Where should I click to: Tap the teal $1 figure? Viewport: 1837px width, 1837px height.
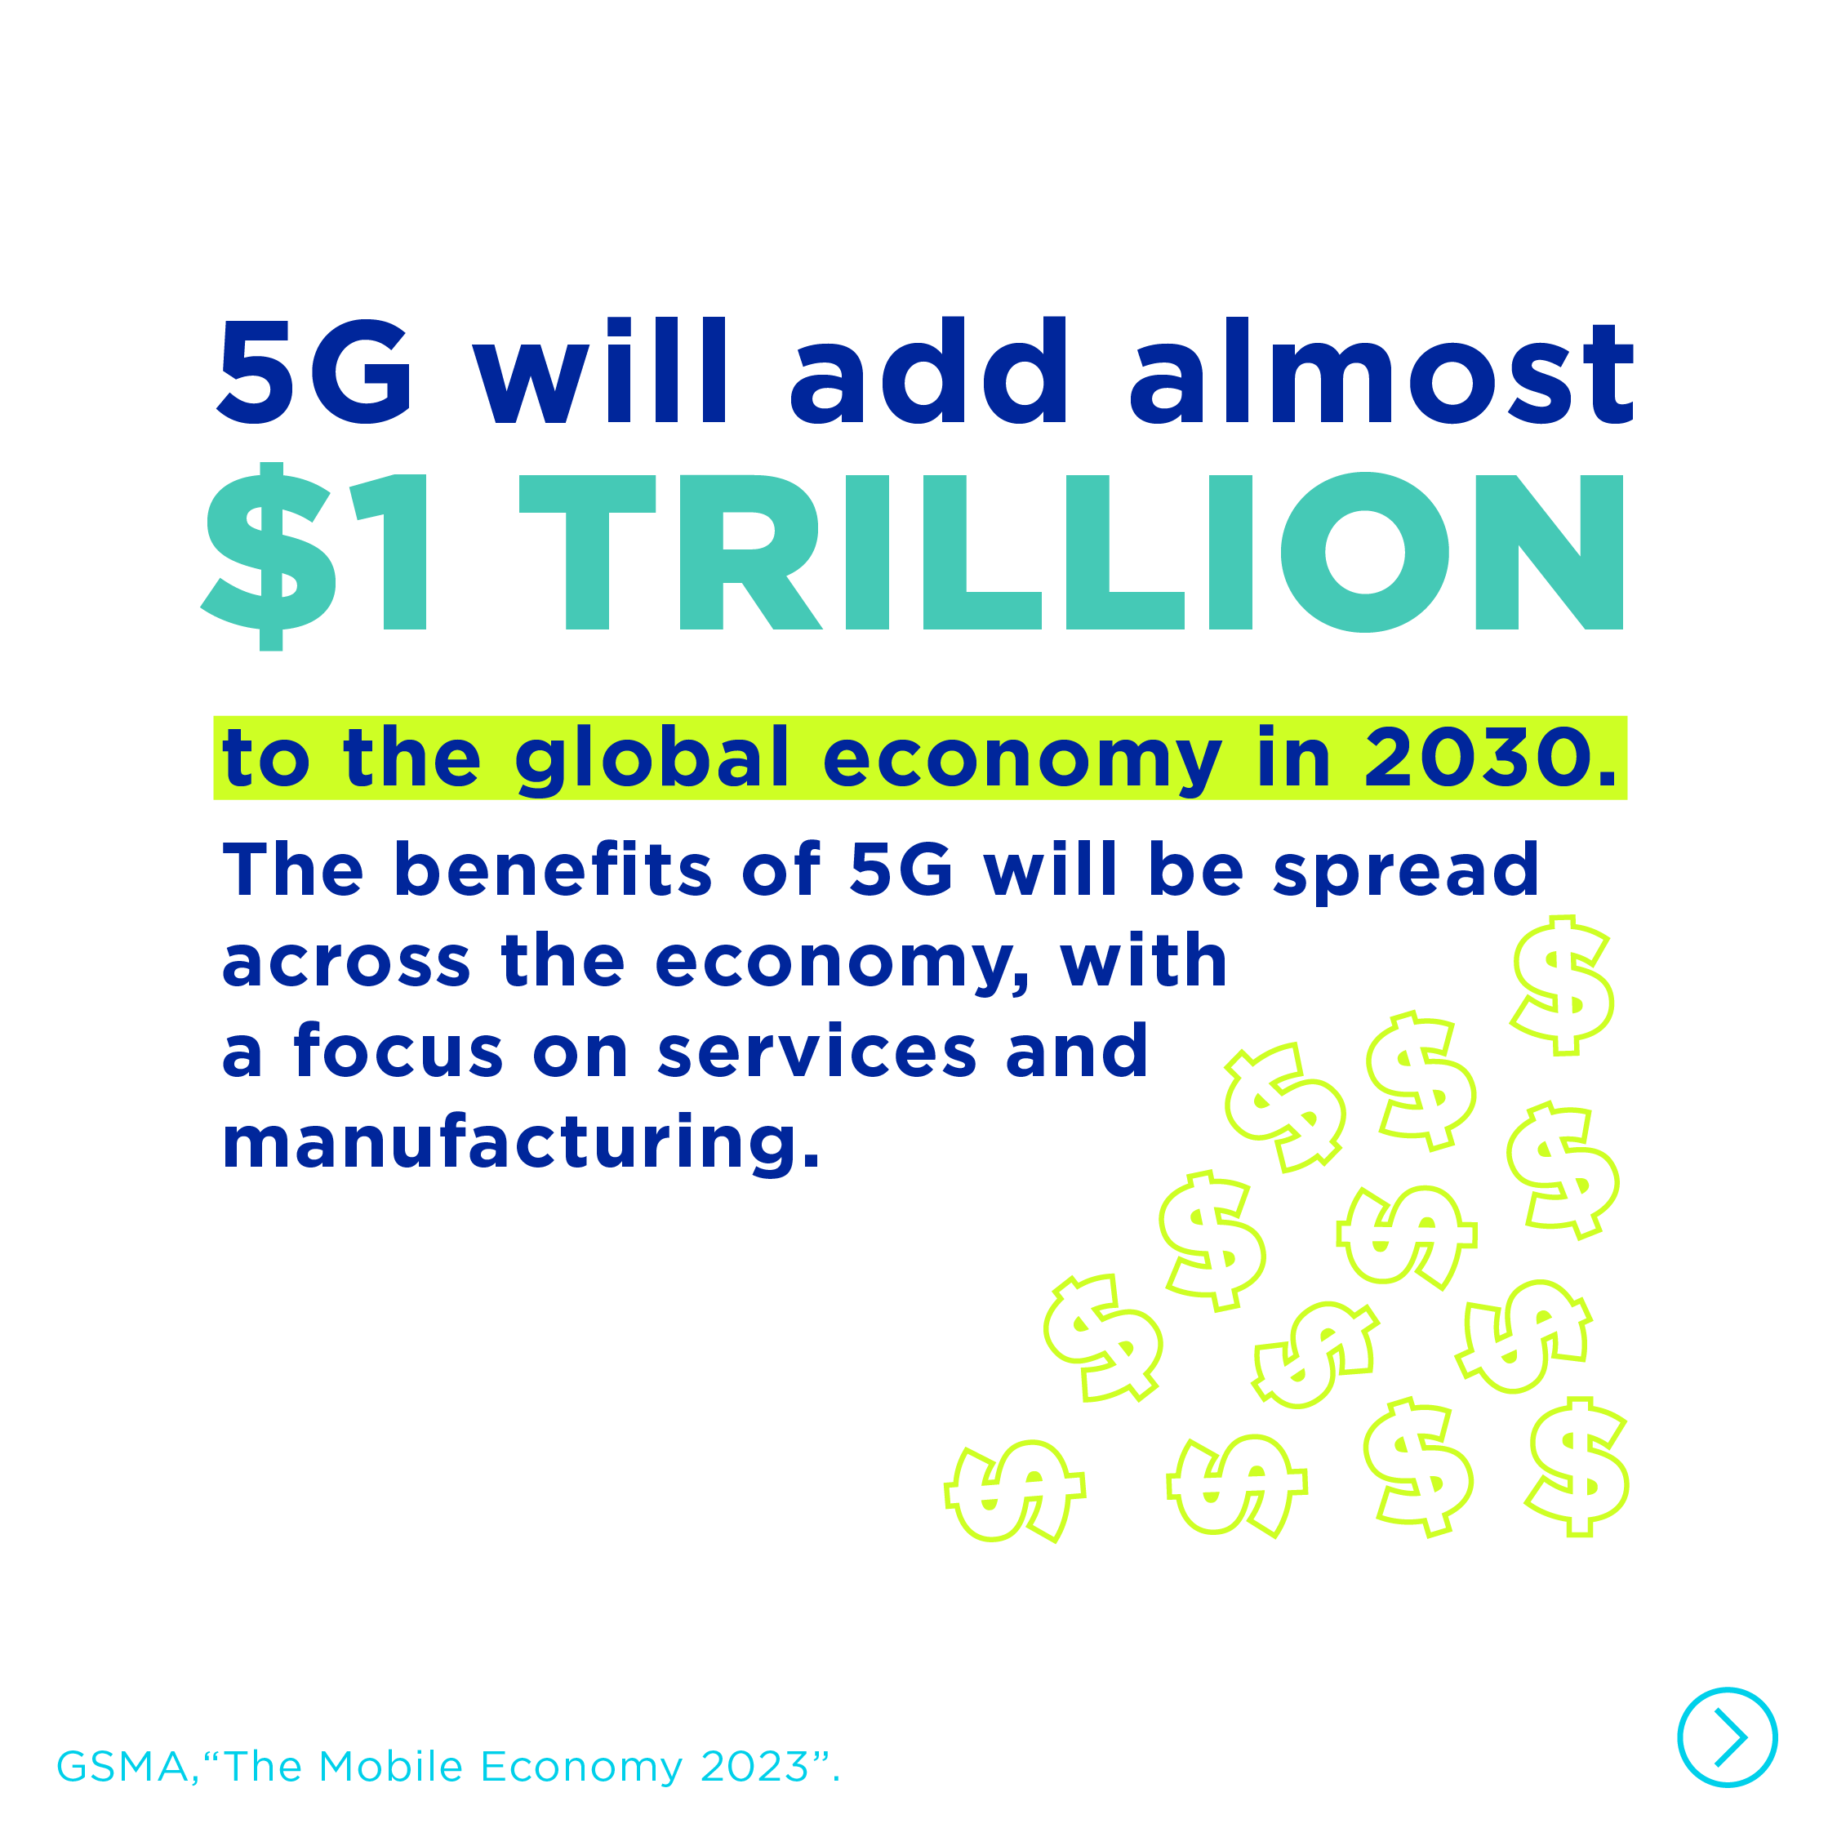pos(314,556)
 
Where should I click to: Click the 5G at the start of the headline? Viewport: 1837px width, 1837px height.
pos(314,371)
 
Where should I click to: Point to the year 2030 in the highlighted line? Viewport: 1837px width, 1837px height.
pos(1489,758)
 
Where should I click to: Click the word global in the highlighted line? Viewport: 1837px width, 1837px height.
pos(652,761)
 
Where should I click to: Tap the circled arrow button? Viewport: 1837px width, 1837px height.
pos(1727,1737)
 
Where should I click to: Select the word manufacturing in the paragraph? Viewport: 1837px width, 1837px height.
pos(520,1141)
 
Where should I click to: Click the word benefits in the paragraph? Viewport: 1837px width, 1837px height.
pos(553,869)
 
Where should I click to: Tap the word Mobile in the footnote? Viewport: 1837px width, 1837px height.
pos(391,1767)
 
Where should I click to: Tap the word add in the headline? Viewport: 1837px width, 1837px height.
pos(929,370)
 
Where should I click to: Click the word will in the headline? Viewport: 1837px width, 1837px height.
pos(601,370)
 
